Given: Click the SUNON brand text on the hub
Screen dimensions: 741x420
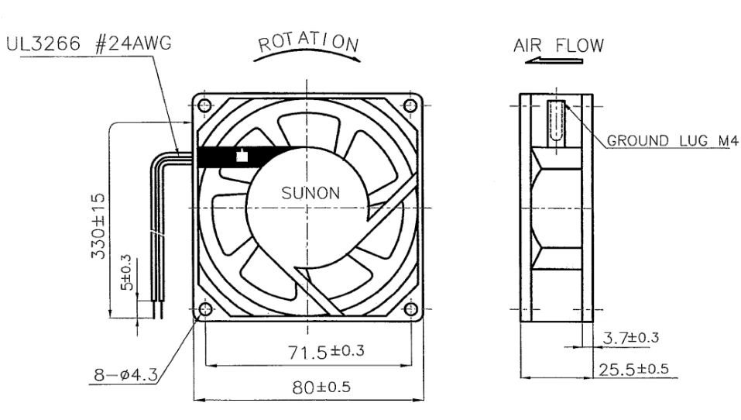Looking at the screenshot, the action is tap(310, 193).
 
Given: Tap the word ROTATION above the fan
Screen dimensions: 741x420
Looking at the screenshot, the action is tap(308, 42).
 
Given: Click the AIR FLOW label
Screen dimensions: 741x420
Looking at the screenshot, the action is tap(558, 46).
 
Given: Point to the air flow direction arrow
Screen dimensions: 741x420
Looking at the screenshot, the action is tap(554, 60).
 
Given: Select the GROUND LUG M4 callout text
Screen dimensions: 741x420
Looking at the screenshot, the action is tap(672, 140).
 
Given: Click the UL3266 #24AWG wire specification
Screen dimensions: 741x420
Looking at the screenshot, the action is tap(88, 43).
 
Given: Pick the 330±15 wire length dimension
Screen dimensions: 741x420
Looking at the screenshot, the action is tap(98, 225).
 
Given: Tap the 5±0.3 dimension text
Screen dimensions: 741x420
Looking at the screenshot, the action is tap(126, 273).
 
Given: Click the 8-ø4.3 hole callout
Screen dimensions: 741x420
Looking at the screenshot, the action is tap(125, 375).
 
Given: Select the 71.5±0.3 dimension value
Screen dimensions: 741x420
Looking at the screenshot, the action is tap(326, 351).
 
